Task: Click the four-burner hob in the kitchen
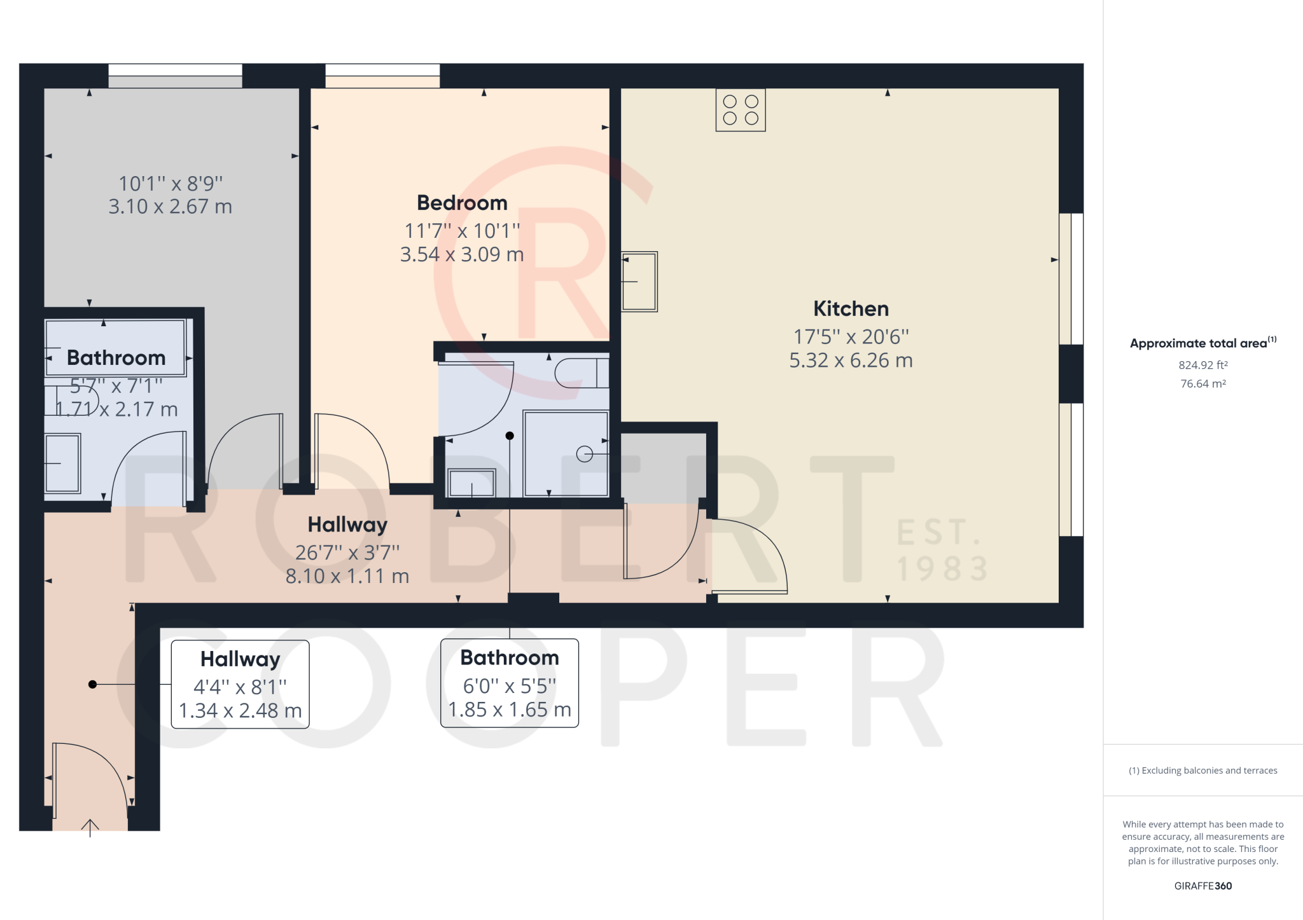point(741,110)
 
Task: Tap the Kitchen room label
point(851,309)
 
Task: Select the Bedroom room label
point(462,203)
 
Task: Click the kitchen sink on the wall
point(639,282)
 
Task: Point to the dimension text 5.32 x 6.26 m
point(851,360)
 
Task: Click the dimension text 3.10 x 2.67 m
point(170,207)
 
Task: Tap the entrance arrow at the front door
point(90,827)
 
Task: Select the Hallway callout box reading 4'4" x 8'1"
point(240,684)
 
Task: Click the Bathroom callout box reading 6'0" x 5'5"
point(510,683)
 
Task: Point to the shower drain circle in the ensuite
point(584,454)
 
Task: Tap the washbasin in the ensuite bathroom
point(471,483)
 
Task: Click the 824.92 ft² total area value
point(1202,365)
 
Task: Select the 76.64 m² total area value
point(1202,383)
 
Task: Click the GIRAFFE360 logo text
point(1202,886)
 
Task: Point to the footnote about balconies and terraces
point(1202,771)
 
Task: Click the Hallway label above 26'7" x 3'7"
point(347,525)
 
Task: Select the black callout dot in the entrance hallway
point(93,684)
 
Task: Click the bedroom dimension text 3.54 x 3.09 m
point(462,254)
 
